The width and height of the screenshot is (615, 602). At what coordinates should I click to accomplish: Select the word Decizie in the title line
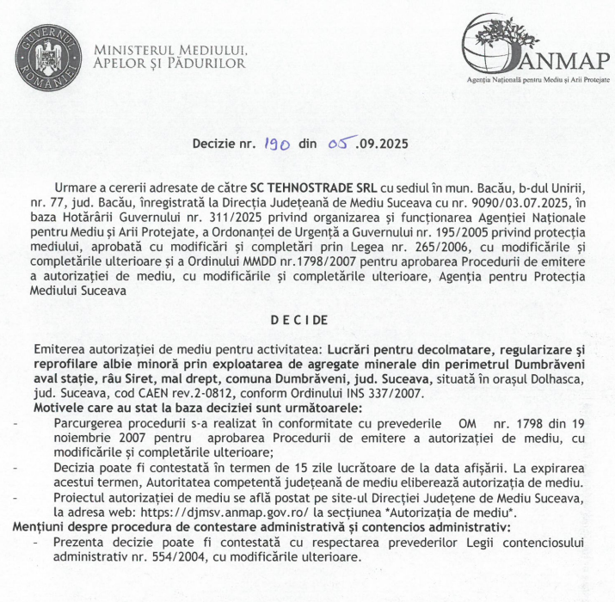215,147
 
